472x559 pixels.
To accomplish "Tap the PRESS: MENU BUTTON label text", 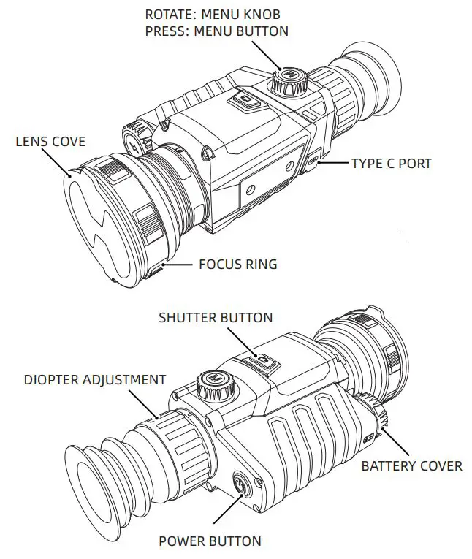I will pos(217,31).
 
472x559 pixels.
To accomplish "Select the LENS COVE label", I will pos(50,141).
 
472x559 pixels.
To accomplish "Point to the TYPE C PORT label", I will pos(391,163).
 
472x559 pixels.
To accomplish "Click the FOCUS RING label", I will pos(238,264).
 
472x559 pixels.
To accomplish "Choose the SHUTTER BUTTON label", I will pos(216,317).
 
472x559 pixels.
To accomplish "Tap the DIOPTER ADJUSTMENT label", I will pos(95,380).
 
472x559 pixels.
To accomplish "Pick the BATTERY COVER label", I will pos(412,465).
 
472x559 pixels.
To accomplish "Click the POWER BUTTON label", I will pos(210,541).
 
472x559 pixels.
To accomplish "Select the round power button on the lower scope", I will pos(243,484).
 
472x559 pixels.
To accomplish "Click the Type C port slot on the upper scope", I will pos(312,160).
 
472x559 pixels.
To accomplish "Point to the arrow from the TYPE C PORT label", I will pos(332,163).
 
